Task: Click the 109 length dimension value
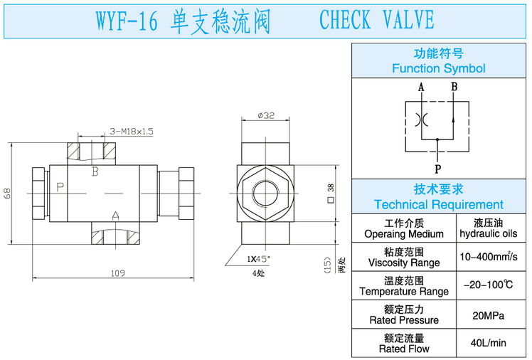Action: [x=118, y=272]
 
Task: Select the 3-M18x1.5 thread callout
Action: [x=132, y=131]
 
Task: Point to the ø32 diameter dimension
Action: [x=266, y=116]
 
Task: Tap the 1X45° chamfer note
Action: [x=258, y=258]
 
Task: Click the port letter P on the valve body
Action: [x=60, y=187]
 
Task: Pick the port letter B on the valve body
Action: [x=95, y=171]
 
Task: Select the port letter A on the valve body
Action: [x=115, y=215]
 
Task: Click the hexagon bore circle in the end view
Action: [x=266, y=194]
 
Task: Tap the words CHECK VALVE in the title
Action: [x=376, y=20]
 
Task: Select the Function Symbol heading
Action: [x=438, y=68]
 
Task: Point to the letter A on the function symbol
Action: [x=421, y=88]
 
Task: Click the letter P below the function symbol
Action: [x=437, y=169]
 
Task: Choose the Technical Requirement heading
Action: [x=438, y=204]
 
